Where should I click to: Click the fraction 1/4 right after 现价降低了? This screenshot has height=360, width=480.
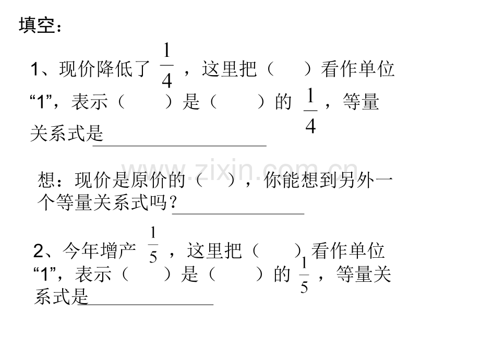[x=167, y=65]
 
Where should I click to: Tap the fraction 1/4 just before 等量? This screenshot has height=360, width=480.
[x=310, y=111]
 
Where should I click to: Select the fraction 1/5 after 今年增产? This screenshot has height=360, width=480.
[x=153, y=245]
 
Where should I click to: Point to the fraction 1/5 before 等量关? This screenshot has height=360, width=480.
[x=304, y=275]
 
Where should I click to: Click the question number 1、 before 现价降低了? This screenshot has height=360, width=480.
[x=41, y=69]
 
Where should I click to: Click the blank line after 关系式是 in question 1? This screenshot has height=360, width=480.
[x=179, y=146]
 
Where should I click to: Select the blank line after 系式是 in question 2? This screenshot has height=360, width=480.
[x=146, y=305]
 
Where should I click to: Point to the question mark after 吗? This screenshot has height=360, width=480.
[x=173, y=202]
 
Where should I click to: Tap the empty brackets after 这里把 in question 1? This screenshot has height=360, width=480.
[x=289, y=69]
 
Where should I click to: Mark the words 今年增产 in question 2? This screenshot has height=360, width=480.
[x=99, y=251]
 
